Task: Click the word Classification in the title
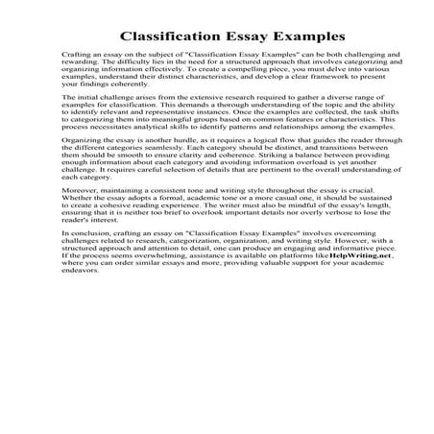(168, 36)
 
